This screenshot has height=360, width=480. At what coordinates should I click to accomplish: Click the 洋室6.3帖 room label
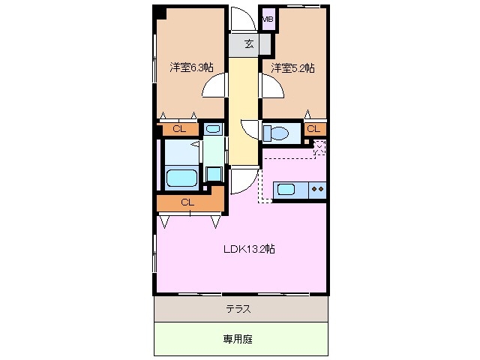click(x=191, y=67)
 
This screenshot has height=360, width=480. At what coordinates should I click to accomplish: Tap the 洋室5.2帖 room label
click(x=292, y=67)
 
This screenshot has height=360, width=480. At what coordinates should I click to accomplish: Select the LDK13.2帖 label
click(x=248, y=249)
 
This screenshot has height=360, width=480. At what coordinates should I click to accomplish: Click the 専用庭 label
click(x=238, y=339)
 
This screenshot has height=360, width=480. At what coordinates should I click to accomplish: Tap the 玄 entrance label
click(x=248, y=43)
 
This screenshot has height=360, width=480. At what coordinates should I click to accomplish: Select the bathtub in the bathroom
click(x=181, y=178)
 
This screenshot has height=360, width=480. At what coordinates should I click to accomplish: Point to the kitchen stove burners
click(x=317, y=189)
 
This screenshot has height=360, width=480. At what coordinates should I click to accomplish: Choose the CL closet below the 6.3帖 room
click(x=178, y=129)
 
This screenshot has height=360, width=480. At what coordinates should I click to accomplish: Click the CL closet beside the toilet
click(x=314, y=129)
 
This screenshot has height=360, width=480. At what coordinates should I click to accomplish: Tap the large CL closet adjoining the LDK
click(x=187, y=202)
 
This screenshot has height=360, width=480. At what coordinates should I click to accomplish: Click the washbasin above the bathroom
click(x=214, y=129)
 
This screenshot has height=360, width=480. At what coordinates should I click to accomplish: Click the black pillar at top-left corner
click(x=160, y=12)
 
